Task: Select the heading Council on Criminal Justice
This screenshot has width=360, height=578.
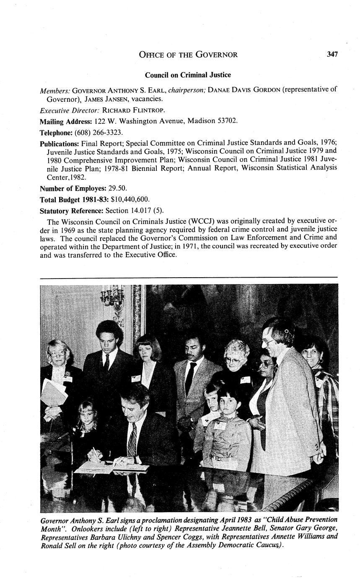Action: click(x=188, y=75)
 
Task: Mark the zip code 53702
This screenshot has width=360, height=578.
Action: click(x=227, y=121)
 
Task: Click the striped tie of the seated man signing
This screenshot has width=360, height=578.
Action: click(x=132, y=440)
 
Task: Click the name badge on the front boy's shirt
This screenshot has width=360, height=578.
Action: click(x=220, y=426)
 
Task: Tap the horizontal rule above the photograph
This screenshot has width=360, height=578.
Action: click(x=189, y=277)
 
